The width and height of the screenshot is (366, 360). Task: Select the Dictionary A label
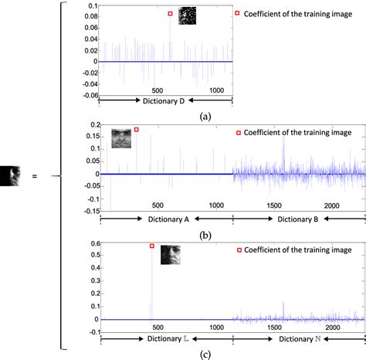168,219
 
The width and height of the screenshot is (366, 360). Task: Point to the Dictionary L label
168,338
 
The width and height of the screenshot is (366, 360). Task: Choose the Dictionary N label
298,338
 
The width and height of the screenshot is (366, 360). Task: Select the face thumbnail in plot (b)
121,138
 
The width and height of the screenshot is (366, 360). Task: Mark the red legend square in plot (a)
238,13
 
